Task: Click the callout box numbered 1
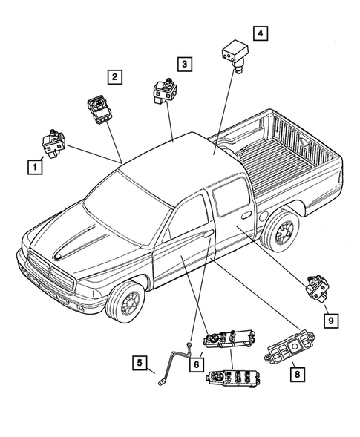[x=33, y=168]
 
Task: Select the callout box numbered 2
[x=114, y=76]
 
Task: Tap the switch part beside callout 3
[x=164, y=92]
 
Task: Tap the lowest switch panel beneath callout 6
[x=231, y=385]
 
